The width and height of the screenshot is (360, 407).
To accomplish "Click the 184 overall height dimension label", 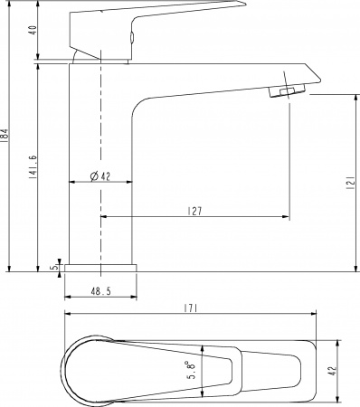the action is (x=5, y=135).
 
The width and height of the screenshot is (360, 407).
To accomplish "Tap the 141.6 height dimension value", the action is (x=33, y=167).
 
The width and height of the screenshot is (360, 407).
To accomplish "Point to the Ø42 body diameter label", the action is (x=100, y=176).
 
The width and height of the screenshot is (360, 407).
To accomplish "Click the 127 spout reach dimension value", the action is (x=195, y=211).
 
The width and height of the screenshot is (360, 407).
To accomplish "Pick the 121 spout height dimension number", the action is (x=350, y=183).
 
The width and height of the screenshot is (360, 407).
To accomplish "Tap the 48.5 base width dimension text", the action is (x=101, y=291).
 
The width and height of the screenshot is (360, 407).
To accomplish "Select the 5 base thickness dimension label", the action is (x=55, y=267).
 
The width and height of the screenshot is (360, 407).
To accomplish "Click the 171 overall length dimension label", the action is (x=191, y=308).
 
